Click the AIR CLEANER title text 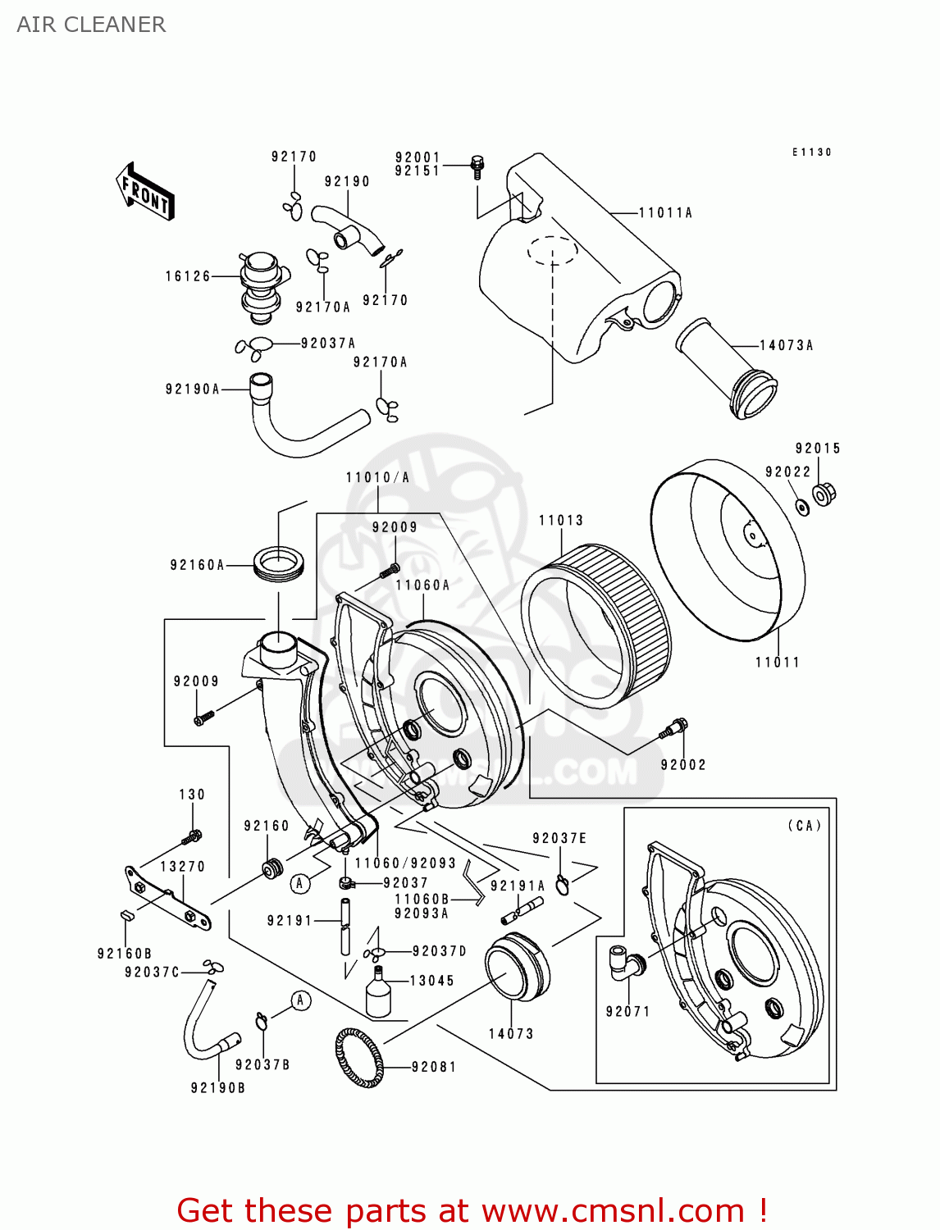click(91, 25)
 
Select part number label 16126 click(188, 276)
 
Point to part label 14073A click(786, 345)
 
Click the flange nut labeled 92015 click(824, 494)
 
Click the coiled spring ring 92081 click(359, 1057)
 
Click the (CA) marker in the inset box click(803, 826)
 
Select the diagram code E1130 click(811, 153)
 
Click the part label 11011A click(665, 213)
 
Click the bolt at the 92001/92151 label click(478, 166)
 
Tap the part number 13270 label click(182, 867)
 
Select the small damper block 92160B click(126, 916)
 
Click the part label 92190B click(217, 1088)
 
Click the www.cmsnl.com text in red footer click(613, 1210)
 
